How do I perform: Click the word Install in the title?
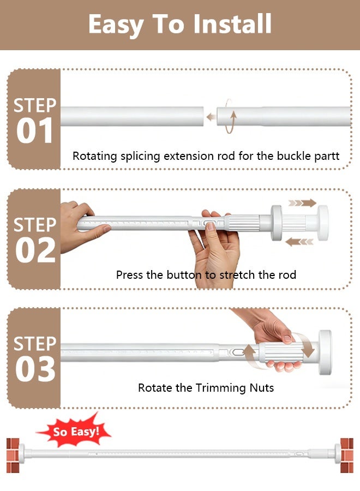pyautogui.click(x=232, y=24)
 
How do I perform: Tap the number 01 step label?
pyautogui.click(x=34, y=130)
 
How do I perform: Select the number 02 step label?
pyautogui.click(x=35, y=250)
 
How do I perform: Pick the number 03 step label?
pyautogui.click(x=35, y=369)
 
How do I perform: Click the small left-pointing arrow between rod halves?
pyautogui.click(x=211, y=117)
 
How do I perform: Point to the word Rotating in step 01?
pyautogui.click(x=95, y=156)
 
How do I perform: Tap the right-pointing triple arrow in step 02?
pyautogui.click(x=302, y=203)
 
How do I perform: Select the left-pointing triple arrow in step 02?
pyautogui.click(x=299, y=242)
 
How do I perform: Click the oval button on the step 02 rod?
pyautogui.click(x=209, y=223)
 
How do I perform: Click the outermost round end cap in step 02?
pyautogui.click(x=323, y=223)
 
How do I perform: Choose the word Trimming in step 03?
pyautogui.click(x=221, y=388)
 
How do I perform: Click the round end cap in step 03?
pyautogui.click(x=325, y=352)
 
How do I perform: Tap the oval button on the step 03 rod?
pyautogui.click(x=238, y=352)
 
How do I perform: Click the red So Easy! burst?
pyautogui.click(x=74, y=431)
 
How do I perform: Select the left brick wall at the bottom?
pyautogui.click(x=13, y=456)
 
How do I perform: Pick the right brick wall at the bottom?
pyautogui.click(x=347, y=456)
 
